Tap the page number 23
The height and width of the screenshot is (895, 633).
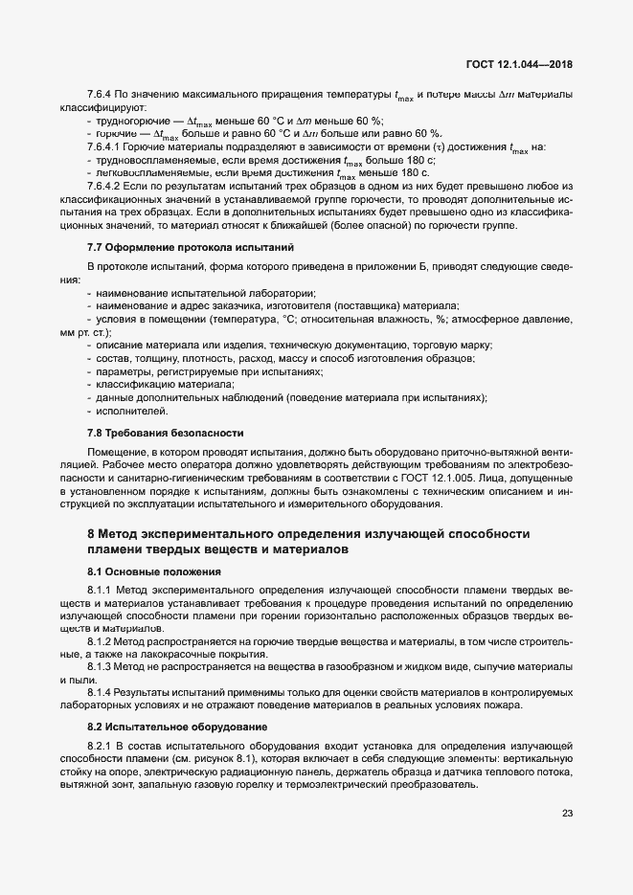tap(567, 815)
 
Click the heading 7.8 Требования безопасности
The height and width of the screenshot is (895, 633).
tap(152, 433)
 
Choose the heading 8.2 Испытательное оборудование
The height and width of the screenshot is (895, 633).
tap(158, 727)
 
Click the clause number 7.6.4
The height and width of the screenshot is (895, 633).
tap(99, 96)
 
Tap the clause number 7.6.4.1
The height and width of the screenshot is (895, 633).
tap(103, 147)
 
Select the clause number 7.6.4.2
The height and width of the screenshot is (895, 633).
tap(103, 186)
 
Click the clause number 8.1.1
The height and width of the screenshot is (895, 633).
tap(100, 591)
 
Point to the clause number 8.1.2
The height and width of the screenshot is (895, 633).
tap(100, 639)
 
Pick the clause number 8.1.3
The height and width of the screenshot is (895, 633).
tap(100, 665)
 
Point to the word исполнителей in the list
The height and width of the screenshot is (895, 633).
tap(125, 412)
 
